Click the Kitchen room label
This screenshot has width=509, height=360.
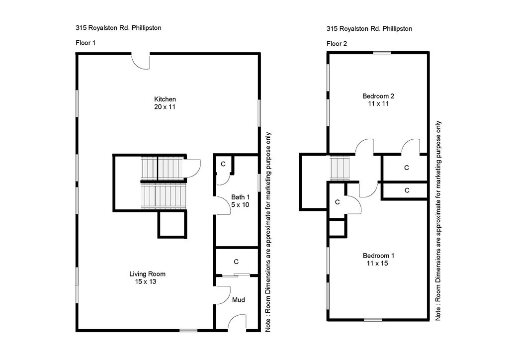tap(165, 99)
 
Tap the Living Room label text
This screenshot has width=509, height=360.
tap(147, 274)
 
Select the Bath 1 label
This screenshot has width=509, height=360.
tap(240, 197)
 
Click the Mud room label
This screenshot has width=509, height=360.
tap(239, 300)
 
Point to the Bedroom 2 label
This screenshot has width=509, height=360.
tap(378, 96)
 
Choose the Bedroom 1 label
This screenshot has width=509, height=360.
tap(378, 256)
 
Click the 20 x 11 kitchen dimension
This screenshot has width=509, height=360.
tap(165, 107)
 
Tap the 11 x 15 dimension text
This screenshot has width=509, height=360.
tap(378, 263)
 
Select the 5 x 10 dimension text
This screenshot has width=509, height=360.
tap(240, 205)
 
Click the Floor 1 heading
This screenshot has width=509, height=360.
tap(85, 43)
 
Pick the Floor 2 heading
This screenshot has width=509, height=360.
tap(337, 44)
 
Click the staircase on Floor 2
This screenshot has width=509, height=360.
tap(340, 168)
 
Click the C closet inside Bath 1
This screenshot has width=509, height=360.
tap(223, 164)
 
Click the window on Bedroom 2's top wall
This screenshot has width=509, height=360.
tap(382, 53)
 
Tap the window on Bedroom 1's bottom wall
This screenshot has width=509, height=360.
tap(373, 320)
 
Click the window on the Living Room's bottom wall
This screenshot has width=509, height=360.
tap(188, 331)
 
